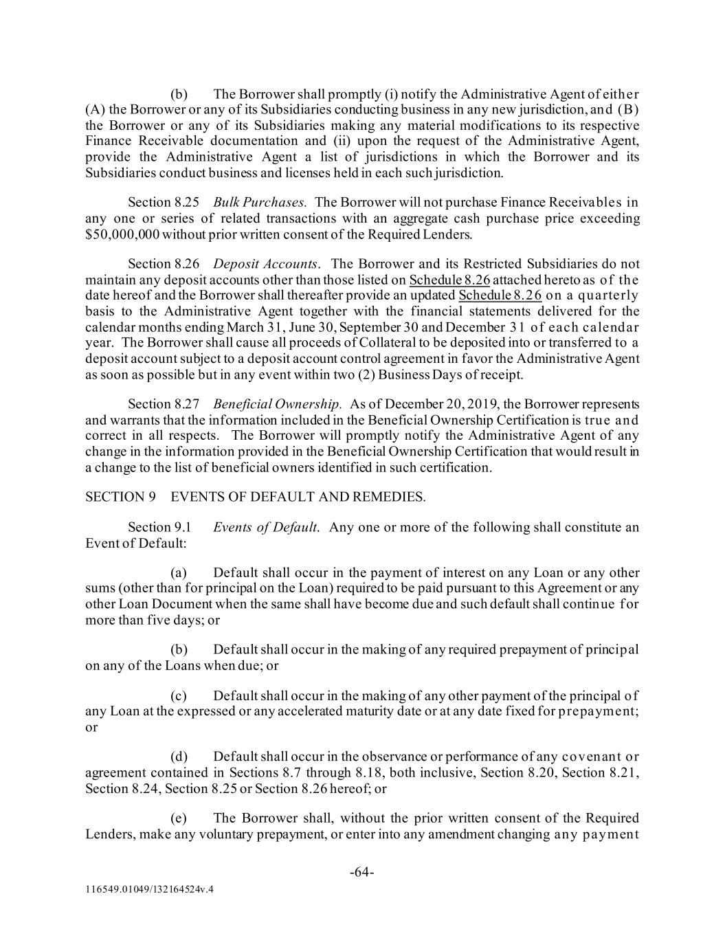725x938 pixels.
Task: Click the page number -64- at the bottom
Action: pos(362,872)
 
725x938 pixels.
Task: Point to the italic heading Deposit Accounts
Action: pos(266,264)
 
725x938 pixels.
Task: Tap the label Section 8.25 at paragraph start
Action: pos(159,202)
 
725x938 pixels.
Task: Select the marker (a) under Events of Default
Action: pos(179,572)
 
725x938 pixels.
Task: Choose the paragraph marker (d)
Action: pos(179,757)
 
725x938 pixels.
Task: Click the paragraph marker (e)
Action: pos(179,818)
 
